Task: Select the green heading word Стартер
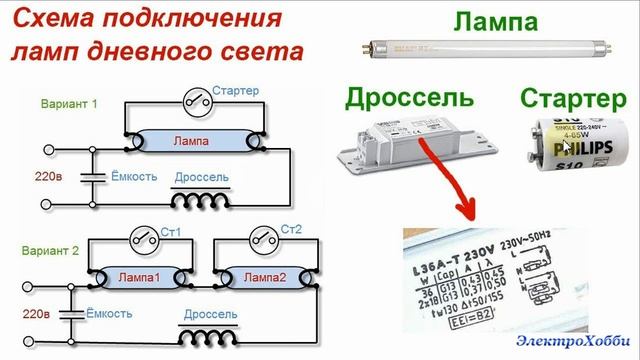[x=566, y=99]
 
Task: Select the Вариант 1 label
[x=69, y=103]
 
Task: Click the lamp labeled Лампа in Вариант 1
[x=191, y=141]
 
